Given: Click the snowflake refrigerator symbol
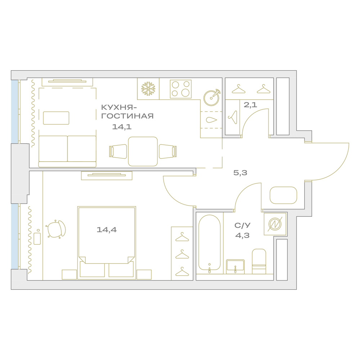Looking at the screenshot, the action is (x=148, y=89).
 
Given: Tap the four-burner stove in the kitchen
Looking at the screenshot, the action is (x=181, y=89).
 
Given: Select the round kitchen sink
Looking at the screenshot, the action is (x=212, y=98).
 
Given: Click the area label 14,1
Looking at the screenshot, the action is (x=122, y=127).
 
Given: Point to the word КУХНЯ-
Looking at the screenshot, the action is (x=119, y=107).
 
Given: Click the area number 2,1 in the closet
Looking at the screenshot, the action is (x=250, y=105).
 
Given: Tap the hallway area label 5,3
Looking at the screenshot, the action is (x=240, y=173).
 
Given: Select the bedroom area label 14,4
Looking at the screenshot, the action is (x=107, y=230).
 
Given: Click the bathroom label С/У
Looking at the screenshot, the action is (x=242, y=225).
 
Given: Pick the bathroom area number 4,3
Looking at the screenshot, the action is (x=242, y=235).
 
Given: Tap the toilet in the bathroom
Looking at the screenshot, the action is (x=259, y=261).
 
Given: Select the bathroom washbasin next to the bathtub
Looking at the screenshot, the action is (x=235, y=266).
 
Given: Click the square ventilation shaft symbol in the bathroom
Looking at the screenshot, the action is (x=275, y=224).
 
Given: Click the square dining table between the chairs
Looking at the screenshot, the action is (x=143, y=152).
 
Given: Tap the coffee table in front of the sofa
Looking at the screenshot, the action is (x=56, y=118).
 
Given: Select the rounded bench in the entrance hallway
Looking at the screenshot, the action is (x=283, y=195).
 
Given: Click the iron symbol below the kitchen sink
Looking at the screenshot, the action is (x=211, y=120).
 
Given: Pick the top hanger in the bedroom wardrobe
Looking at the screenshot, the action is (x=182, y=237).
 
